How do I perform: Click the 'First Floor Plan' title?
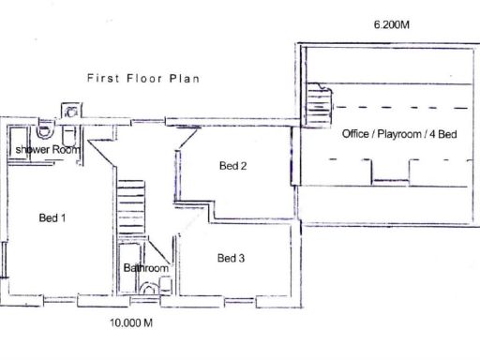click(x=142, y=79)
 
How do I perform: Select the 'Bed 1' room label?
click(x=52, y=218)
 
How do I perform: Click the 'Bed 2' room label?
click(x=232, y=166)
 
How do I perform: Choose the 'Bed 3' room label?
click(x=231, y=258)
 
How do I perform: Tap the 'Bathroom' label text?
click(x=146, y=268)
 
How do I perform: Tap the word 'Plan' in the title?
click(x=184, y=79)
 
